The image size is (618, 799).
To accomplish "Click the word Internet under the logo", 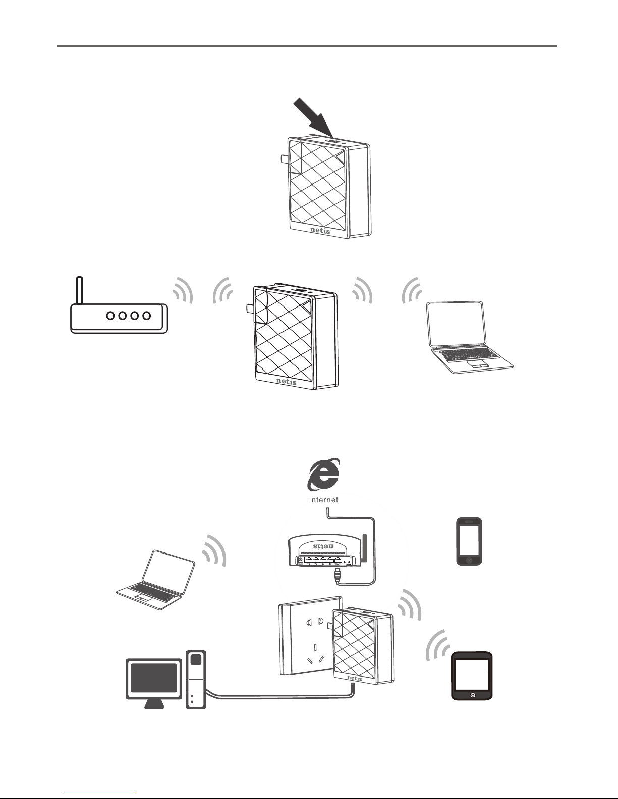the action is pyautogui.click(x=323, y=500).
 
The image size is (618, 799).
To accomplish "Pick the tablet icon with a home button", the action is pyautogui.click(x=472, y=675).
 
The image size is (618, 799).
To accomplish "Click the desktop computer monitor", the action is pyautogui.click(x=154, y=678).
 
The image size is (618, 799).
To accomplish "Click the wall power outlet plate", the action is pyautogui.click(x=308, y=638).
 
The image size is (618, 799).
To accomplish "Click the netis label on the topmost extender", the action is pyautogui.click(x=320, y=231).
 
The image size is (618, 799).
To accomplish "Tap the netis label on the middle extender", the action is pyautogui.click(x=287, y=381).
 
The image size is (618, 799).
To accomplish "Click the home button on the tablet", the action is pyautogui.click(x=472, y=695).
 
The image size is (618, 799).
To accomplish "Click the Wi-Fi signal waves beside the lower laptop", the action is pyautogui.click(x=214, y=549).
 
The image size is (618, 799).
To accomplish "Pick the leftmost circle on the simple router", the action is pyautogui.click(x=110, y=316).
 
